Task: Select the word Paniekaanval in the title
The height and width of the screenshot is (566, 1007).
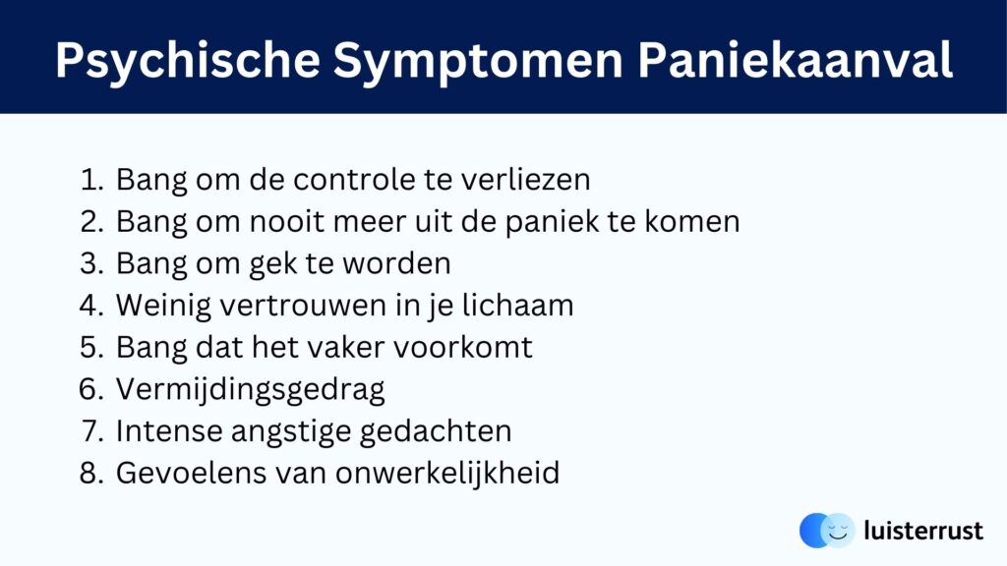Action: [795, 61]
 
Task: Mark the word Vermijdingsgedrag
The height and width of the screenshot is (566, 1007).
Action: [251, 390]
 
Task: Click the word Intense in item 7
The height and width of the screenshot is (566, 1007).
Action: [169, 431]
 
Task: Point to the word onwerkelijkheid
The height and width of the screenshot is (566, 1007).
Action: [447, 474]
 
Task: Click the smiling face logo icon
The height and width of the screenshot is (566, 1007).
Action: [827, 531]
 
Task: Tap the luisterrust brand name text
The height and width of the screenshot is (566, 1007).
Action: [923, 531]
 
